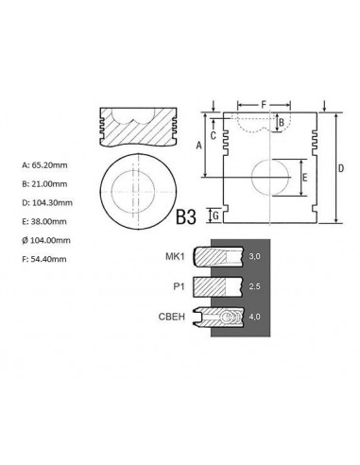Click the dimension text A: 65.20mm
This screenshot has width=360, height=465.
(44, 165)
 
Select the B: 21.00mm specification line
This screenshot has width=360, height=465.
(44, 184)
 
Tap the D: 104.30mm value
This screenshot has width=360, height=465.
(47, 202)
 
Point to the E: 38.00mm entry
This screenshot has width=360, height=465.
(44, 221)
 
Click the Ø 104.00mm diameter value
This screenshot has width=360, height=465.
(46, 240)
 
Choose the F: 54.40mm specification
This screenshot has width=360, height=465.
(44, 259)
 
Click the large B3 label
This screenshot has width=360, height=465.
(186, 217)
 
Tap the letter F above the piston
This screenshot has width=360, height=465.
(264, 105)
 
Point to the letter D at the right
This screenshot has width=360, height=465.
(341, 168)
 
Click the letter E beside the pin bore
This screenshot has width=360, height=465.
(304, 178)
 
